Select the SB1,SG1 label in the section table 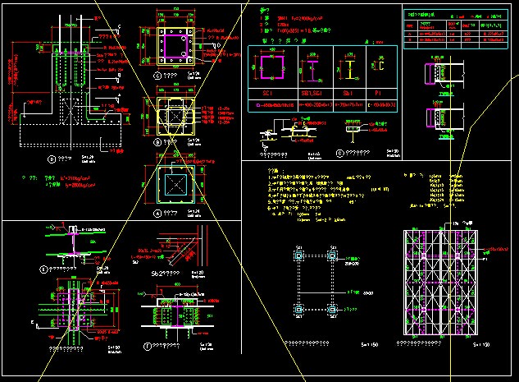[x=312, y=94]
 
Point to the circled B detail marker [x=156, y=142]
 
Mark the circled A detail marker [x=156, y=212]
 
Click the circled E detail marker [x=44, y=268]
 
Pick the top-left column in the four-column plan [x=299, y=256]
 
